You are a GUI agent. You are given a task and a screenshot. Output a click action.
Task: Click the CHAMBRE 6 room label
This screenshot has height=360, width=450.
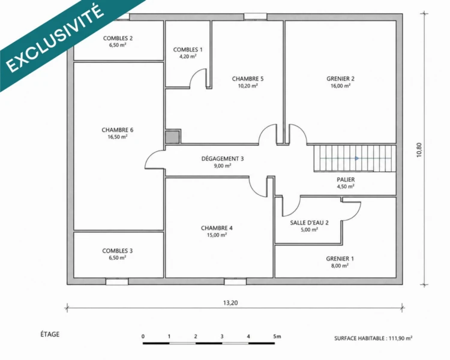[118, 130]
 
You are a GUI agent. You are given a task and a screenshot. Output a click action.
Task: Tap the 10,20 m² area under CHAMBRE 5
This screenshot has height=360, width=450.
[248, 86]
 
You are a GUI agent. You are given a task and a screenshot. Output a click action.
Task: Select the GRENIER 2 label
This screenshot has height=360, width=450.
[340, 79]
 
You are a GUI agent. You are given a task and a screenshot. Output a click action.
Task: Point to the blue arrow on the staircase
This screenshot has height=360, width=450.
[357, 158]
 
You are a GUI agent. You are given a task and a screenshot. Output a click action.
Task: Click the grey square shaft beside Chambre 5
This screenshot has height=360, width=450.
[172, 137]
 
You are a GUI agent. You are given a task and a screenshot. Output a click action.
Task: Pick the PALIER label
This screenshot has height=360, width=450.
[346, 180]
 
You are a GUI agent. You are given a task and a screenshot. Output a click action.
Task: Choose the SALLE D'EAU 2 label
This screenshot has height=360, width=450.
[309, 223]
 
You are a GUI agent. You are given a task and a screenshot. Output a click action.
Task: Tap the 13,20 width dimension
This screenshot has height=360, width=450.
[230, 303]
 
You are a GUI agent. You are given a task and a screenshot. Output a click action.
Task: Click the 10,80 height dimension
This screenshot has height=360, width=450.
[419, 150]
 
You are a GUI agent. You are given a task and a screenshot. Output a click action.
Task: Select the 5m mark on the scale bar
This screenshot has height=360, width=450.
[277, 337]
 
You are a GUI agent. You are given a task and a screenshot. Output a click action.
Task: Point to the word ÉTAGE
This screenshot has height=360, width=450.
[50, 334]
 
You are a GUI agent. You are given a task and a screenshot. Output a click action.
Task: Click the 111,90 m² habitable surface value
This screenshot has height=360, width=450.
[400, 338]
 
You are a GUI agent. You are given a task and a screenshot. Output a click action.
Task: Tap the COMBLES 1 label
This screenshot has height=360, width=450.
[188, 50]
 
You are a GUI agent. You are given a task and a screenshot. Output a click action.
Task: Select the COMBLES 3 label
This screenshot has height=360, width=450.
[118, 251]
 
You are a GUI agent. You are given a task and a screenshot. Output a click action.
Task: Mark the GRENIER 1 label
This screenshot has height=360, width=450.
[340, 259]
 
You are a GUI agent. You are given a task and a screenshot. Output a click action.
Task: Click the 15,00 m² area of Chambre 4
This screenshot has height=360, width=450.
[217, 235]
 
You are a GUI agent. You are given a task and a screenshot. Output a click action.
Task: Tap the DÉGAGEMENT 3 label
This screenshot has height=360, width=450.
[223, 159]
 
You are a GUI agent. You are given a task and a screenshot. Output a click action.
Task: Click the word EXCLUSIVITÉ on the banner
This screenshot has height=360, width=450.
[55, 38]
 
